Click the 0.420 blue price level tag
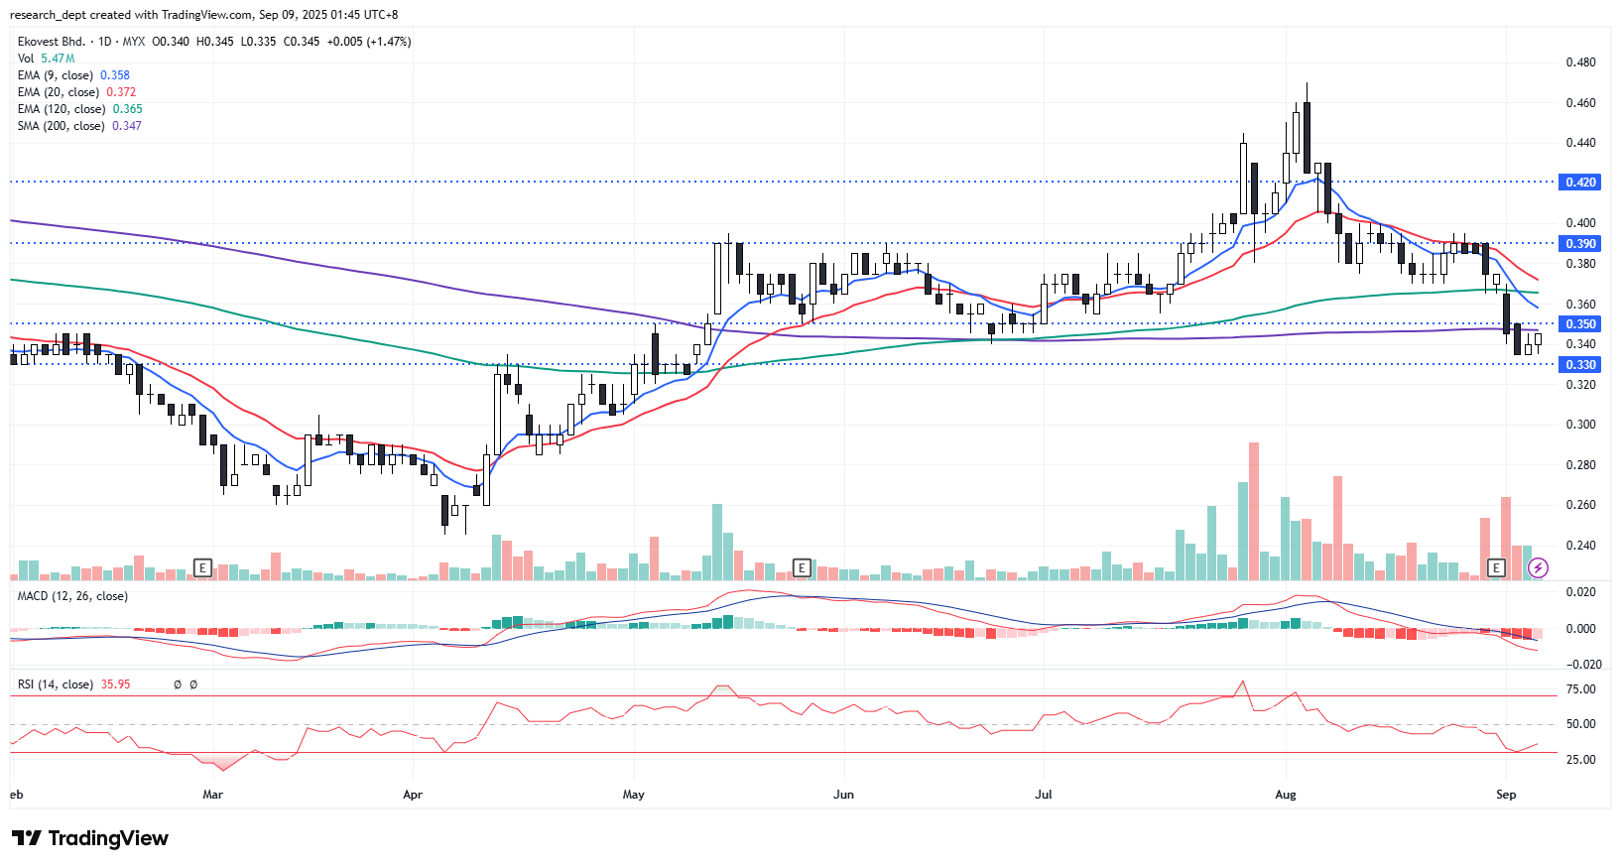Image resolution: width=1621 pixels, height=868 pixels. (1580, 183)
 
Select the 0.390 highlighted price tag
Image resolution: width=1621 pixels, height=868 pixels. (1580, 244)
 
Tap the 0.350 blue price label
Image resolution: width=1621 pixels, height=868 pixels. (1580, 324)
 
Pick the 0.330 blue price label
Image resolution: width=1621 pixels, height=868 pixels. (1580, 365)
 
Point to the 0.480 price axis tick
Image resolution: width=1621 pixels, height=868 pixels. (1580, 62)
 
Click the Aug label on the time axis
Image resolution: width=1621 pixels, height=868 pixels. (1286, 795)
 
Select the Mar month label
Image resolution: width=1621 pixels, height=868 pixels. (212, 795)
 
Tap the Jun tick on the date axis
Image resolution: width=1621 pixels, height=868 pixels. (843, 795)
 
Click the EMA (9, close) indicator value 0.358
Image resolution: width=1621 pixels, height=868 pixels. (115, 75)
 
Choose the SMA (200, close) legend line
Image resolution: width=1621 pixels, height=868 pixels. (61, 126)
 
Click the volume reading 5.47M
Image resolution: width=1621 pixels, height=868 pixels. (58, 59)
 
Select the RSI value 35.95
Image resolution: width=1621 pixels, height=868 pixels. (115, 684)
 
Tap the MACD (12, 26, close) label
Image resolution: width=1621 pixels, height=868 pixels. (72, 596)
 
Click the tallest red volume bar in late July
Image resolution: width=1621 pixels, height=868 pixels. (1254, 511)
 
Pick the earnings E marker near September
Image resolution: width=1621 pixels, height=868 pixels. (1496, 567)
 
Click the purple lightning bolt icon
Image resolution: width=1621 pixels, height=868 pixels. (1538, 567)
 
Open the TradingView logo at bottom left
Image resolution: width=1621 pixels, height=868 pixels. (90, 838)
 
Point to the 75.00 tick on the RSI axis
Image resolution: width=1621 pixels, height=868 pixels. (1580, 689)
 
